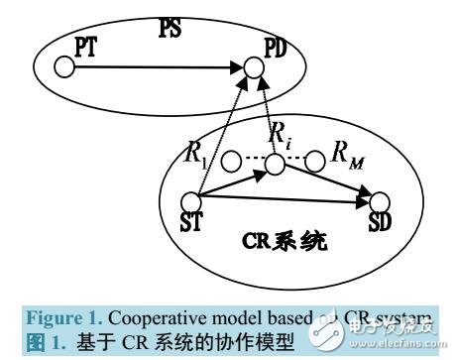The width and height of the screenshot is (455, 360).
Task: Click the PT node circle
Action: (x=65, y=68)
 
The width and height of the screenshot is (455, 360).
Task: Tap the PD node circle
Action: (x=255, y=68)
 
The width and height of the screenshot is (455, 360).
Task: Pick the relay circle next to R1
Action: (x=229, y=159)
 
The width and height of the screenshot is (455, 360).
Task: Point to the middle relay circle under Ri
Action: (x=272, y=159)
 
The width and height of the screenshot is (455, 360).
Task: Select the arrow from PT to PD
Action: (x=159, y=68)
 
